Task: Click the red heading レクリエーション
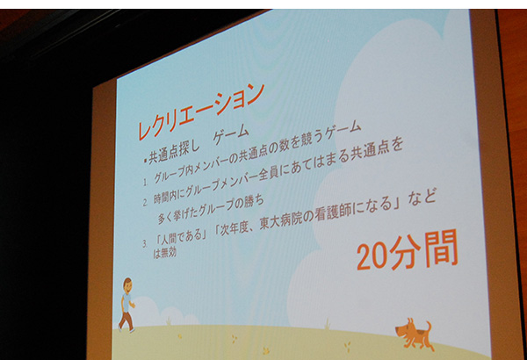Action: [201, 110]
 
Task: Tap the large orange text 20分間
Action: [408, 250]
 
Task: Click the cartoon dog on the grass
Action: [414, 335]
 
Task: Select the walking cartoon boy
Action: [126, 305]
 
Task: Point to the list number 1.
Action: [145, 183]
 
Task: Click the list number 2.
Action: [145, 202]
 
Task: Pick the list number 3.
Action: [145, 244]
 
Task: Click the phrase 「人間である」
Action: [181, 237]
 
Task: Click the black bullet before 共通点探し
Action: [145, 161]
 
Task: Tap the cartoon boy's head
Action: [127, 285]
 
